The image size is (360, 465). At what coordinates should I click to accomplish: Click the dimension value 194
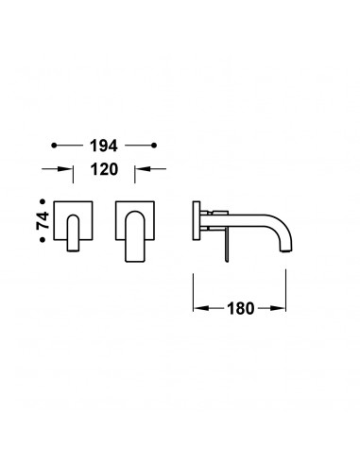click(104, 146)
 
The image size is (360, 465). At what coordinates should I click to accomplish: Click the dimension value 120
click(104, 169)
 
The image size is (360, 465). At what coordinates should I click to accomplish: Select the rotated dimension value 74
click(43, 220)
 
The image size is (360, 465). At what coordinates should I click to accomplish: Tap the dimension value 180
click(240, 308)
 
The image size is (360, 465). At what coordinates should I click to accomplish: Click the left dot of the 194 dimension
click(54, 146)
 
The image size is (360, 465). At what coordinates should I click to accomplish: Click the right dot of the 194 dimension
click(154, 146)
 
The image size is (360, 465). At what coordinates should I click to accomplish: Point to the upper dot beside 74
click(43, 201)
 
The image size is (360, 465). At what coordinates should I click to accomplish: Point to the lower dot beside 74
click(43, 240)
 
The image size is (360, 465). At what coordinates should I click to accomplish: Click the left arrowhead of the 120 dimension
click(65, 169)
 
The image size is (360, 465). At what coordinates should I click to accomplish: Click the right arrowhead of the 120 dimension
click(143, 169)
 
